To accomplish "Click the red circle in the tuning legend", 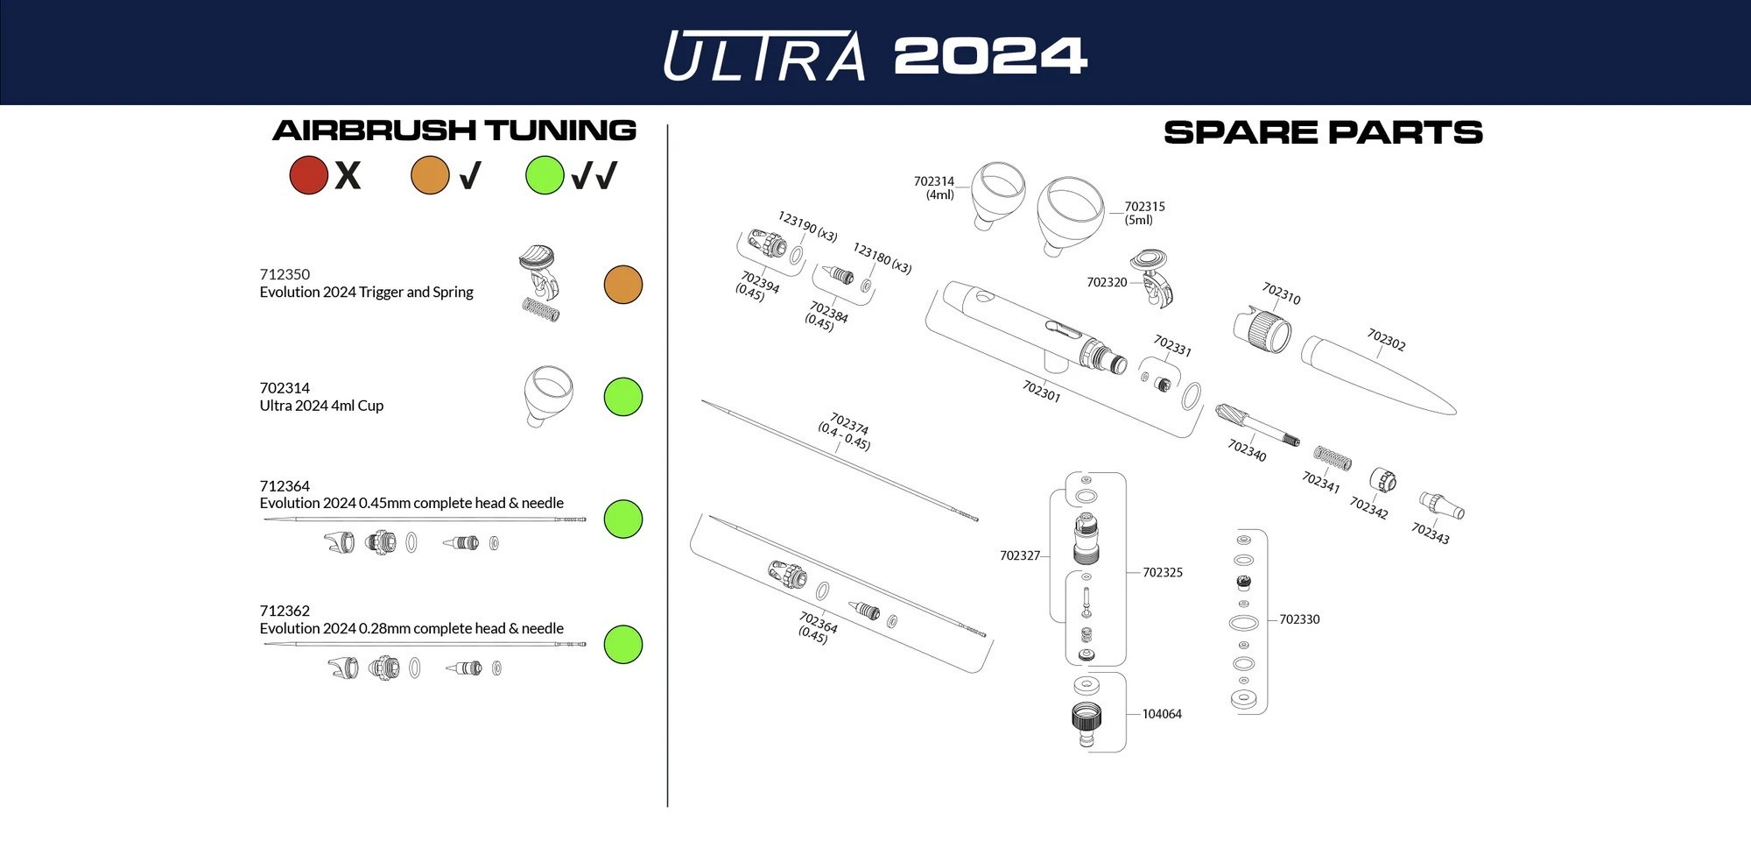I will tap(308, 175).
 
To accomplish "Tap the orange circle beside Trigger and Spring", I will tap(623, 285).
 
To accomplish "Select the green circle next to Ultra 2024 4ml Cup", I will tap(623, 397).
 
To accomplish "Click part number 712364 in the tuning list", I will tap(285, 486).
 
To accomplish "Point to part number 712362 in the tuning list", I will tap(285, 611).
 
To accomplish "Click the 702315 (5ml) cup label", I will tap(1144, 213).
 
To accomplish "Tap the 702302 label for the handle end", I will tap(1386, 340).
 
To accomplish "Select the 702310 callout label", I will tap(1281, 293).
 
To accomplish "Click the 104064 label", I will tap(1162, 714).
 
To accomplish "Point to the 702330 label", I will tap(1299, 619).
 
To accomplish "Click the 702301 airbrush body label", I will tap(1041, 391).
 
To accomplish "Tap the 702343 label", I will tap(1430, 533).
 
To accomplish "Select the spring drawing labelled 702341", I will tap(1332, 457).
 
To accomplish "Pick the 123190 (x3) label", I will tap(807, 225).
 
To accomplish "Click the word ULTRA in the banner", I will tap(764, 56).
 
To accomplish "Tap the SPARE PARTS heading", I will tap(1323, 132).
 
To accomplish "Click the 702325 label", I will tap(1163, 573).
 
